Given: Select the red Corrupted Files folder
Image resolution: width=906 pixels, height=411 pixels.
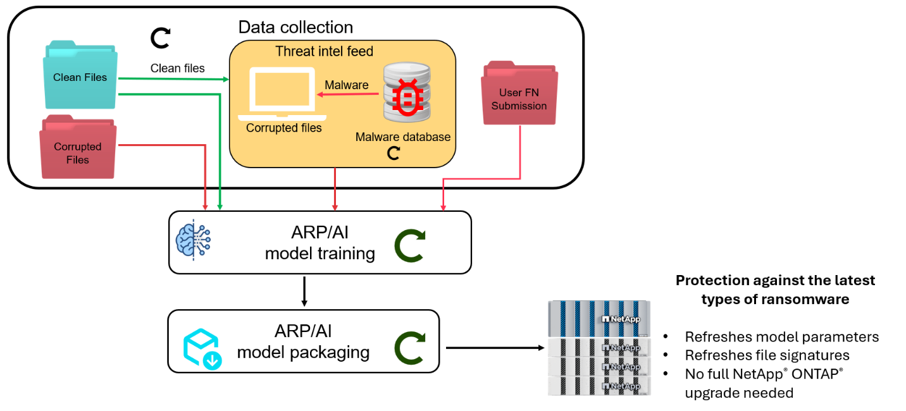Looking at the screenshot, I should [77, 149].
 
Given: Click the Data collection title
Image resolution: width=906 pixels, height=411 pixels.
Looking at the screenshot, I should [295, 27].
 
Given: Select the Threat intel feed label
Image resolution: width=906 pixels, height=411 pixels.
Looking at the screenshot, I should [324, 52].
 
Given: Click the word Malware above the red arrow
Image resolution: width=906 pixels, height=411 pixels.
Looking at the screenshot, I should [346, 85].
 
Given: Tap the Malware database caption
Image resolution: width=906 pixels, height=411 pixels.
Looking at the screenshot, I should [403, 137].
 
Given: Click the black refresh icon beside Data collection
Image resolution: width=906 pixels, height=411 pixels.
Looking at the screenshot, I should [160, 37].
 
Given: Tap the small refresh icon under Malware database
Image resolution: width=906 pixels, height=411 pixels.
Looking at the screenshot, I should [394, 153].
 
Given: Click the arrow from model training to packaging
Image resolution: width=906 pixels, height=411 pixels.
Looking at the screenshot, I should [304, 291].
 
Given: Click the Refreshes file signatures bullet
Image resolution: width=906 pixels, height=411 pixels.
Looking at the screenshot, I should [767, 355].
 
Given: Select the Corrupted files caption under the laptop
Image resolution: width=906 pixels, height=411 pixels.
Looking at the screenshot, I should [284, 128].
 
